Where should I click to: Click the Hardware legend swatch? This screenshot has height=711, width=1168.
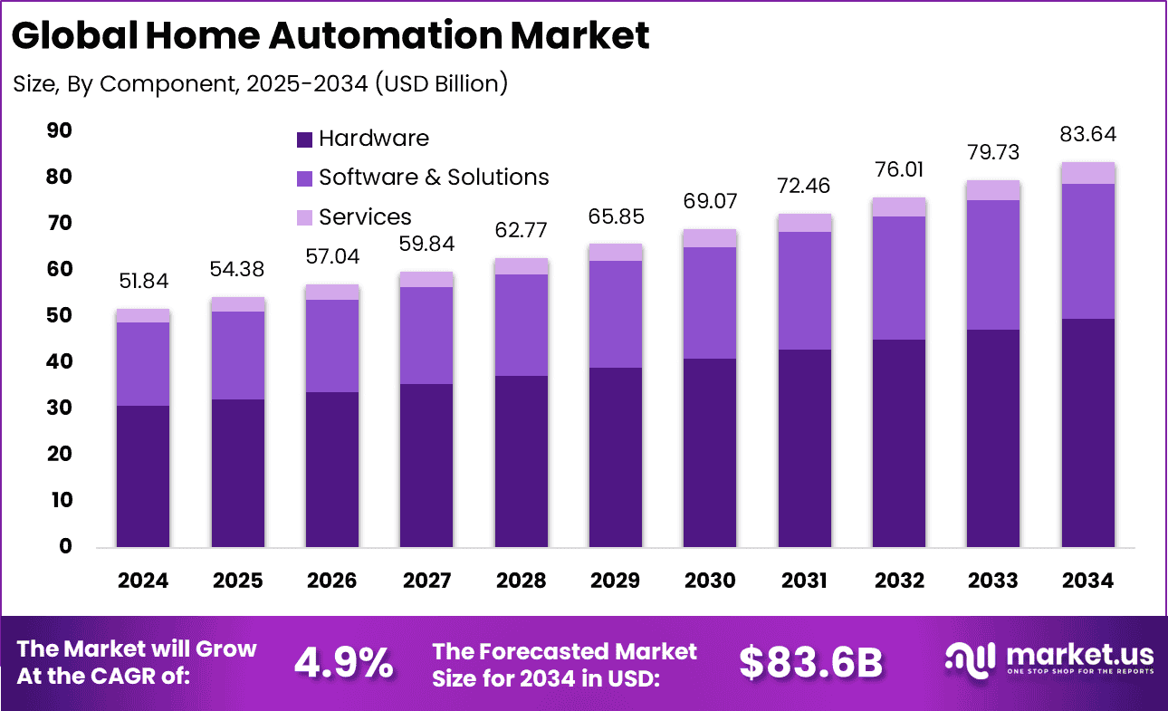pyautogui.click(x=305, y=139)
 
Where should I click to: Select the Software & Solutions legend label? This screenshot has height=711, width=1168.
pyautogui.click(x=434, y=177)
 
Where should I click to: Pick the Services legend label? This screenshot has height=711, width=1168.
pyautogui.click(x=365, y=217)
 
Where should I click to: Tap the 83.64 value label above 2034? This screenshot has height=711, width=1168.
pyautogui.click(x=1087, y=135)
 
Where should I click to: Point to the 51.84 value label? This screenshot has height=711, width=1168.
pyautogui.click(x=143, y=283)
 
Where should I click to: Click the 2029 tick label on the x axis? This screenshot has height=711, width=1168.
pyautogui.click(x=616, y=581)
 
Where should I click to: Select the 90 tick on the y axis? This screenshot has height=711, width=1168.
pyautogui.click(x=59, y=131)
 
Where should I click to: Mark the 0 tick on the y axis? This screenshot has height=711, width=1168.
pyautogui.click(x=65, y=546)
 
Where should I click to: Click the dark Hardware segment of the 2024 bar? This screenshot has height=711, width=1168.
pyautogui.click(x=143, y=476)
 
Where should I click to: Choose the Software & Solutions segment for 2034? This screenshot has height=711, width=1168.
pyautogui.click(x=1087, y=251)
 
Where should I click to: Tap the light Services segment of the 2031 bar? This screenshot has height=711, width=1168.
pyautogui.click(x=804, y=223)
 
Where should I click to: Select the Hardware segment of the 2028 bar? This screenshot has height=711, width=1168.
pyautogui.click(x=521, y=461)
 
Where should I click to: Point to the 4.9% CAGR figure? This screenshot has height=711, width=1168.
pyautogui.click(x=343, y=663)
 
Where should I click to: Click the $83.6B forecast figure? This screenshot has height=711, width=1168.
pyautogui.click(x=810, y=663)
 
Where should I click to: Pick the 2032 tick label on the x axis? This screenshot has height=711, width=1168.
pyautogui.click(x=899, y=581)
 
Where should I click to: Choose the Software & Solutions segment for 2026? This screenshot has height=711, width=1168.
pyautogui.click(x=332, y=345)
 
